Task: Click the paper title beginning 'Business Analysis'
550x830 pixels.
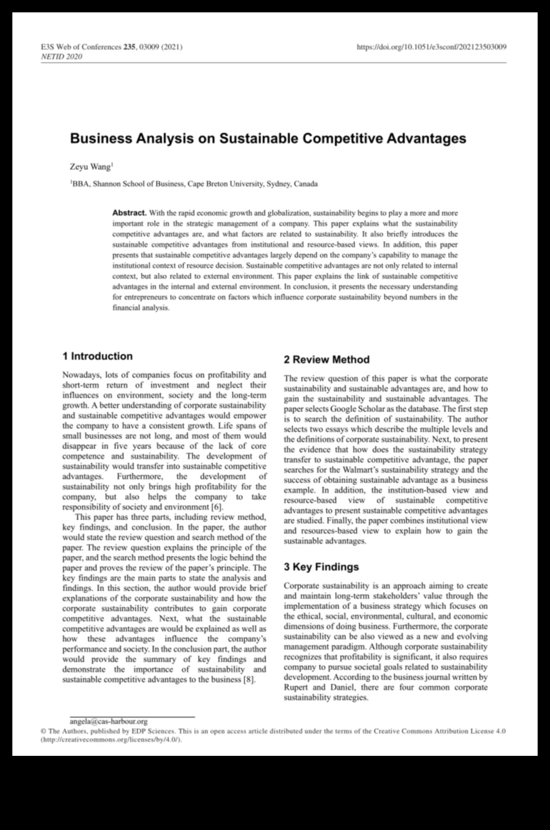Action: coord(268,138)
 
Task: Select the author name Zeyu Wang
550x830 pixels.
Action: coord(90,166)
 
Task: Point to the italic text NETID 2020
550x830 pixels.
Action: coord(61,57)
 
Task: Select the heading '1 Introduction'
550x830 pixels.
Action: coord(98,356)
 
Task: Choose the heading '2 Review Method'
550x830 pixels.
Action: coord(326,360)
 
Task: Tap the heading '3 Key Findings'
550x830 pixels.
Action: coord(321,567)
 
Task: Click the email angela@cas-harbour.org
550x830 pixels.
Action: coord(109,721)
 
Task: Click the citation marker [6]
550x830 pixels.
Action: coord(217,508)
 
